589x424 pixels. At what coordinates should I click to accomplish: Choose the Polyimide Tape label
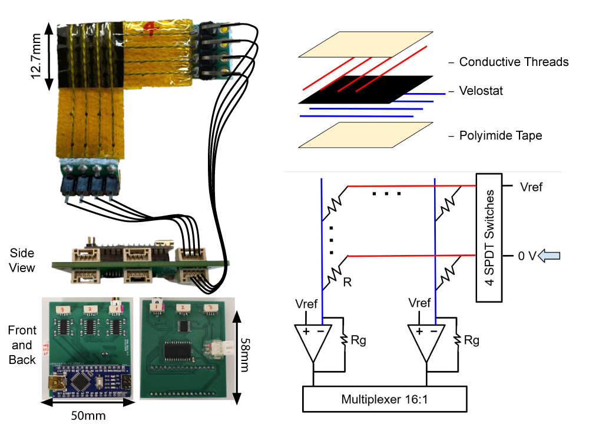501,136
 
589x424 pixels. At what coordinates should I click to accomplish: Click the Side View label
22,260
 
